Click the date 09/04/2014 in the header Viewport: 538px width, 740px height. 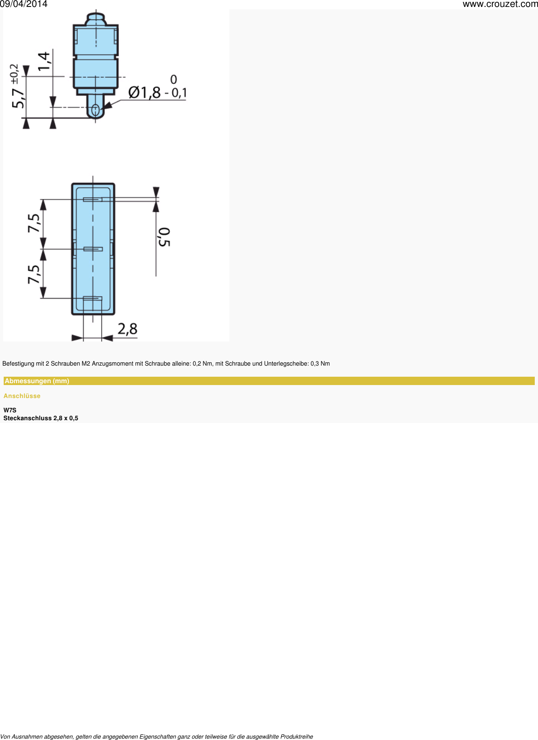(x=24, y=4)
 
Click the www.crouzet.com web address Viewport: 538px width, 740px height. (x=500, y=4)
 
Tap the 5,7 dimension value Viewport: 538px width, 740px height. (x=18, y=98)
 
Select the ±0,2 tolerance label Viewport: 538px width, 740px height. (x=14, y=72)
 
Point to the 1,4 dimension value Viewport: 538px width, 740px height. (x=44, y=61)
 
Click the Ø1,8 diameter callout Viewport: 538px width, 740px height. (x=144, y=93)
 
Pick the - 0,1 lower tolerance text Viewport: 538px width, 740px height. (x=176, y=93)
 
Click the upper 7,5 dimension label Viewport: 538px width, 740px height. (x=34, y=223)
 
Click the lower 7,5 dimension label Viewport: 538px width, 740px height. (x=34, y=274)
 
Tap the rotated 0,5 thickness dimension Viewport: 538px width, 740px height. (x=164, y=236)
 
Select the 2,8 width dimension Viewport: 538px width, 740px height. (x=127, y=329)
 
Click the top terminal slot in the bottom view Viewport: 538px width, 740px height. (x=92, y=199)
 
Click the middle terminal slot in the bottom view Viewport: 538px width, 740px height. (x=93, y=249)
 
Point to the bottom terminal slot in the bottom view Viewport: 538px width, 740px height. (x=92, y=298)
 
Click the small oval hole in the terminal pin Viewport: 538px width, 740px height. (x=95, y=110)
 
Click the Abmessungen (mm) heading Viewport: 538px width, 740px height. (x=37, y=381)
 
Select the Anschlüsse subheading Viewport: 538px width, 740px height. (x=22, y=396)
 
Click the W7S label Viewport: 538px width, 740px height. (x=10, y=410)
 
